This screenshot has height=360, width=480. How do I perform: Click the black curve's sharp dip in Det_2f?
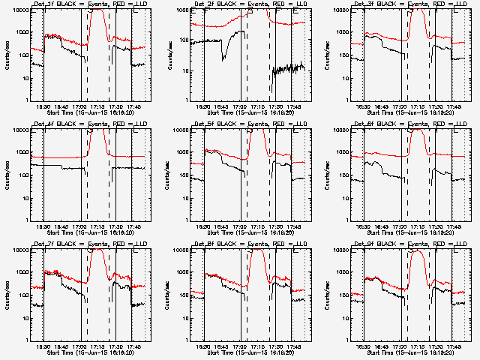tap(223, 59)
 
